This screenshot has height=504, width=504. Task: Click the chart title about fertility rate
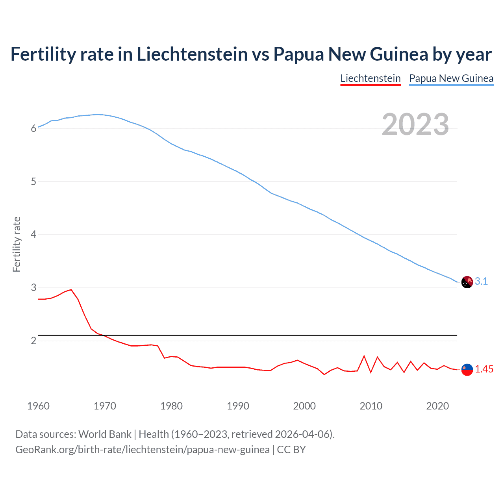click(251, 54)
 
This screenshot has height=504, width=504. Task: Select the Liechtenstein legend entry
click(370, 78)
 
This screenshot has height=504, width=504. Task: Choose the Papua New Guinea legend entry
click(451, 78)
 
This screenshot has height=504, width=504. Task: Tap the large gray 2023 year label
click(415, 124)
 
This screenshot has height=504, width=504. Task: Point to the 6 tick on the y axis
click(34, 128)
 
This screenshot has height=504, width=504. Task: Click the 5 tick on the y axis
click(34, 182)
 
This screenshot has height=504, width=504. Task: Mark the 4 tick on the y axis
click(34, 235)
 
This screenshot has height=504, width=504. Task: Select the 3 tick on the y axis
click(34, 288)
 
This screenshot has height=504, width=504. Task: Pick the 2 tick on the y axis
click(34, 341)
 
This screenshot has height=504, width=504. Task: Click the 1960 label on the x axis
click(38, 406)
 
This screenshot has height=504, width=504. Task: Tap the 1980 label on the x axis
click(171, 406)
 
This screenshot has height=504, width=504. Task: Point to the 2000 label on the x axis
click(304, 406)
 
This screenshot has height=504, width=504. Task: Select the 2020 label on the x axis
click(437, 406)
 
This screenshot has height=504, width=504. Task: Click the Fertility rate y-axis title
click(17, 244)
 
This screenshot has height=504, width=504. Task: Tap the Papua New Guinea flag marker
click(467, 282)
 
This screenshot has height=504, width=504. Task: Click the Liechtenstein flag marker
click(467, 369)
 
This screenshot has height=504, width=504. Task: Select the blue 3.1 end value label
click(481, 281)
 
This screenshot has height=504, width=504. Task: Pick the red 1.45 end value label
click(484, 369)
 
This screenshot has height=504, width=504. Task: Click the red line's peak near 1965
click(71, 290)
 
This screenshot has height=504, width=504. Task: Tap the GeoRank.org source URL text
click(143, 450)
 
